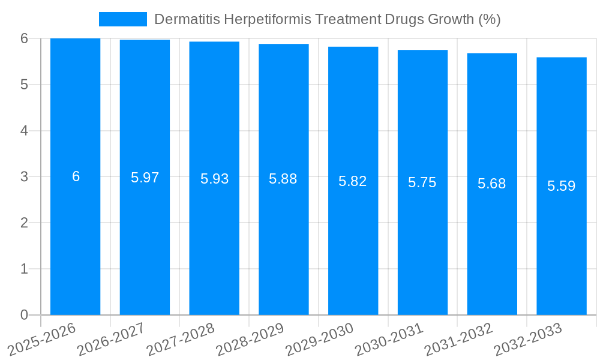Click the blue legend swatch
[122, 19]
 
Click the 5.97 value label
[145, 178]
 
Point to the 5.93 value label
[214, 179]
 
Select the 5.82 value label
[353, 181]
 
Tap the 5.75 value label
[422, 183]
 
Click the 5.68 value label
[492, 184]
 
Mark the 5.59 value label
[562, 186]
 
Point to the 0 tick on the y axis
[24, 315]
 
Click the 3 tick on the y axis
[24, 177]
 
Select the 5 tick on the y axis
[24, 85]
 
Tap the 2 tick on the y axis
[24, 223]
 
